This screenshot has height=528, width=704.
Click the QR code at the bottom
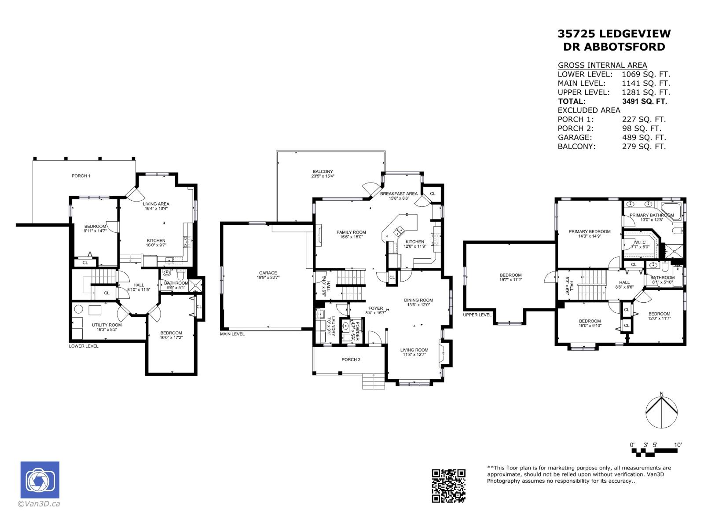coord(448,485)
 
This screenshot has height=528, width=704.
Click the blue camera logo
coord(40,480)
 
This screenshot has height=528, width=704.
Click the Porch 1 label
coord(81,176)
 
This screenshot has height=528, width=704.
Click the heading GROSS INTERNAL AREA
coord(602,65)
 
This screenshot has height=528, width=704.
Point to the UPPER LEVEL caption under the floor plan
coord(477,315)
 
